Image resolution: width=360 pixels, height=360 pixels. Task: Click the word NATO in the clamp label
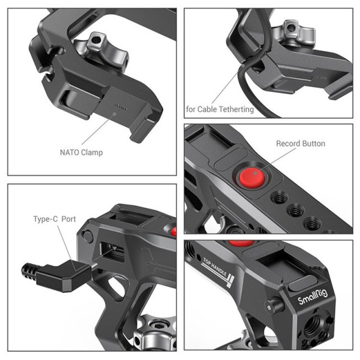(71, 153)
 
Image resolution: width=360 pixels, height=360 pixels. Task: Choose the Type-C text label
(45, 218)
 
